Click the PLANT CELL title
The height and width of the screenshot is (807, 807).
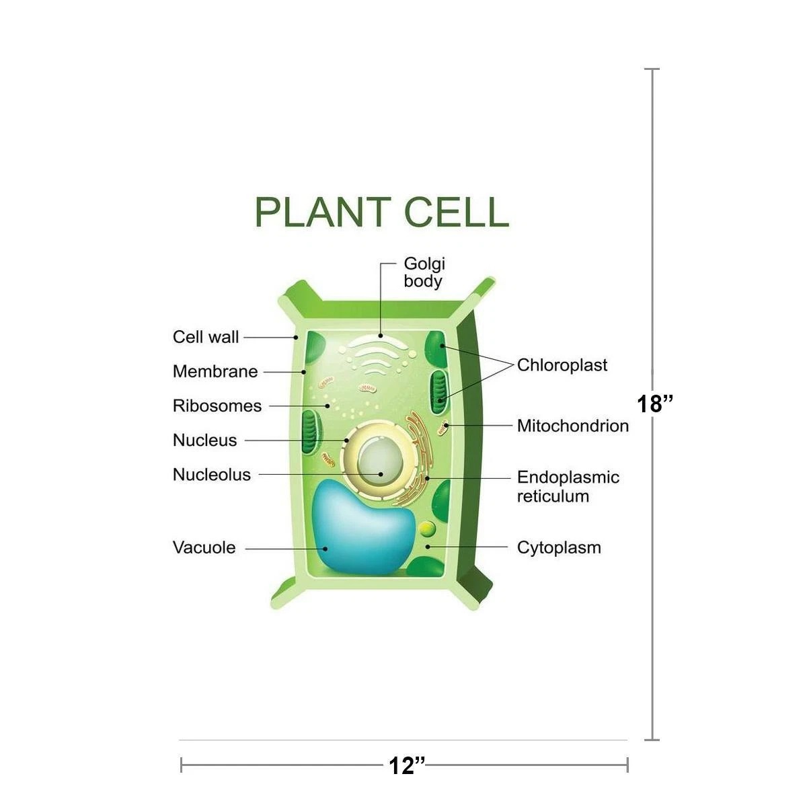click(381, 212)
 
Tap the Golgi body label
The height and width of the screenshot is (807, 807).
click(424, 272)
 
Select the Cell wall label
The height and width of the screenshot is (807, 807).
click(206, 337)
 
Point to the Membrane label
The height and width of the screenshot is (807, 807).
click(215, 371)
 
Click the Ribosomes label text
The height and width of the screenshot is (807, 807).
click(217, 406)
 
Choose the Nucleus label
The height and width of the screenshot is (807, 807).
click(205, 440)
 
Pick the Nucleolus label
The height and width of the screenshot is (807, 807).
click(211, 475)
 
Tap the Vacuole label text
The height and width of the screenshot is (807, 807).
click(204, 547)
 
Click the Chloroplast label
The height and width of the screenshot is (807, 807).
click(562, 365)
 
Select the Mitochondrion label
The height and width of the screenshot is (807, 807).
click(573, 426)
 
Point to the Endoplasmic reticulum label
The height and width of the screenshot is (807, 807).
click(568, 487)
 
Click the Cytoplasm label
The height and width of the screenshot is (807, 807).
click(559, 548)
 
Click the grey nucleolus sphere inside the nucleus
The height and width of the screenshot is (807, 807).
click(380, 461)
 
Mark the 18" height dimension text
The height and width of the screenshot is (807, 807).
click(655, 404)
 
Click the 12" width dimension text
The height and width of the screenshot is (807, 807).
click(407, 766)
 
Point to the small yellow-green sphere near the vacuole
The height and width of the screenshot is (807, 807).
click(427, 529)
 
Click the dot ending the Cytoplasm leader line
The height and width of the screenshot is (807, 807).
click(428, 547)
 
